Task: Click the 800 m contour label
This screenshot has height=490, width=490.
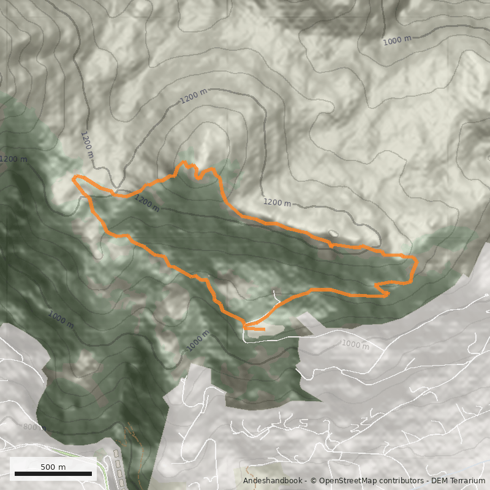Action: [x=34, y=427]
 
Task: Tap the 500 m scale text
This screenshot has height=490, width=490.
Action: [x=53, y=467]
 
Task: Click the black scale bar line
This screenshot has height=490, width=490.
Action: [x=53, y=473]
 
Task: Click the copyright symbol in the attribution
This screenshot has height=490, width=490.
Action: [x=313, y=481]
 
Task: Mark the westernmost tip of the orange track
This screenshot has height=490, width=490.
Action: [x=73, y=178]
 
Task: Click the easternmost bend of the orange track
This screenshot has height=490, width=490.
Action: [x=417, y=262]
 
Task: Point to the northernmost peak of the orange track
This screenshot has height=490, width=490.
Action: [x=183, y=163]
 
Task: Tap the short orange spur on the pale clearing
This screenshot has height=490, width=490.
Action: [x=257, y=330]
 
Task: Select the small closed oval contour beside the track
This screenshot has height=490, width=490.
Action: [x=333, y=233]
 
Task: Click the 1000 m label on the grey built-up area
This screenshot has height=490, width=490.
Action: [x=355, y=345]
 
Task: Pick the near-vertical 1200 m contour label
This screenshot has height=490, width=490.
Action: [x=88, y=145]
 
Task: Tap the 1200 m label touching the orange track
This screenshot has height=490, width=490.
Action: [x=146, y=203]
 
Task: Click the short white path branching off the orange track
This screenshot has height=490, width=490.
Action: [x=276, y=296]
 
